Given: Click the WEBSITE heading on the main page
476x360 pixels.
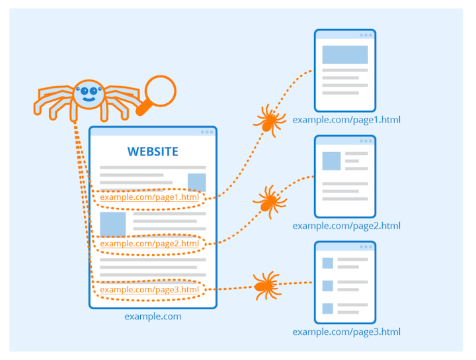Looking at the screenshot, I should (x=153, y=152).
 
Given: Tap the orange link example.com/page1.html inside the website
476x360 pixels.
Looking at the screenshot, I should (x=149, y=197).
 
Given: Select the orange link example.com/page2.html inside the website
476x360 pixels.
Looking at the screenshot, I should (x=149, y=244).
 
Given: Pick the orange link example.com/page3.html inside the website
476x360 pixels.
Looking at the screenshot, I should (x=149, y=289).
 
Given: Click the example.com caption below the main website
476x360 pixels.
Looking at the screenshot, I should (x=153, y=316).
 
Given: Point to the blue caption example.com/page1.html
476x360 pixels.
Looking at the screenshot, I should (x=346, y=120).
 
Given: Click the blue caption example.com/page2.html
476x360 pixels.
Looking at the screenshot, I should (x=346, y=226).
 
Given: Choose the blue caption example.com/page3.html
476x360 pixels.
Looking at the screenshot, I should (x=346, y=332).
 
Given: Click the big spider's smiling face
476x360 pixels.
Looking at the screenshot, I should (x=89, y=95).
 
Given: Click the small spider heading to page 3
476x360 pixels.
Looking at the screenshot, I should (x=265, y=285).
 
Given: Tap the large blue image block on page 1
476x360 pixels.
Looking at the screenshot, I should (x=345, y=54).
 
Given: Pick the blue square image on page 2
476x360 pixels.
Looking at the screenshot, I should (x=331, y=161).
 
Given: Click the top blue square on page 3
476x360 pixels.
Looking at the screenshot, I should (x=327, y=263).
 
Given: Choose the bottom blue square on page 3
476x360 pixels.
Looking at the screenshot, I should (x=327, y=308).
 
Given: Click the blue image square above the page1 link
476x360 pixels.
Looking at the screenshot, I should (x=196, y=182).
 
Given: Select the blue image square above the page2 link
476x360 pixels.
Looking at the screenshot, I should (x=112, y=224).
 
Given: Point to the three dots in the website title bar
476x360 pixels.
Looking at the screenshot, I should (x=207, y=132).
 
